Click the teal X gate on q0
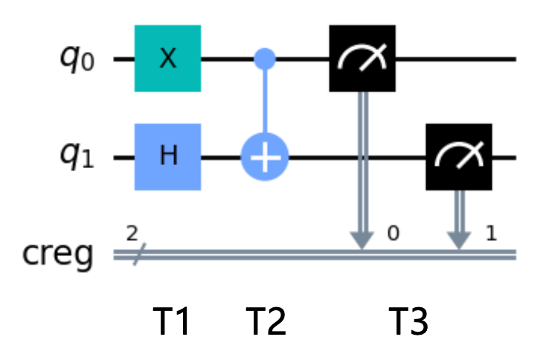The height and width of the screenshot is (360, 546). [167, 58]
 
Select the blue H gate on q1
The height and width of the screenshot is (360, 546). [167, 158]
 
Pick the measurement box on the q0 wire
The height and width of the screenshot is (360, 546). [362, 58]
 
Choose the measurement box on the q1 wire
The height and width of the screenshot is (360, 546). [458, 158]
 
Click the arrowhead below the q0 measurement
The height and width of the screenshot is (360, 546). [362, 240]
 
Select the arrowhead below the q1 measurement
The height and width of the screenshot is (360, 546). [458, 240]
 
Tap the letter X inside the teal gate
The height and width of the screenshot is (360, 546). [168, 59]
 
